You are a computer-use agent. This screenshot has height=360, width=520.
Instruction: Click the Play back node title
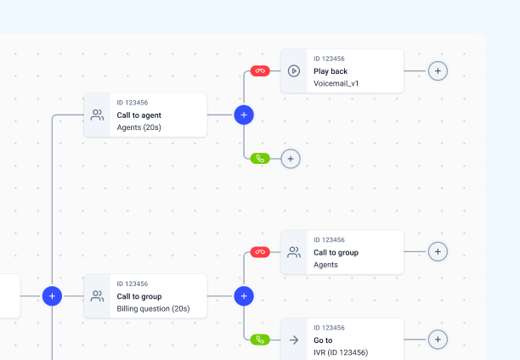[331, 71]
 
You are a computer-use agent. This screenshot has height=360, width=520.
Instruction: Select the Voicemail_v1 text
[336, 83]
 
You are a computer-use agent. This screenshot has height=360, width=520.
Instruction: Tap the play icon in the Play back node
[294, 71]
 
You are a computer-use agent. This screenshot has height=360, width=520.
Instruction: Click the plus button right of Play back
[438, 71]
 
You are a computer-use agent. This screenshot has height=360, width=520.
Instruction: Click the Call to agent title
[139, 115]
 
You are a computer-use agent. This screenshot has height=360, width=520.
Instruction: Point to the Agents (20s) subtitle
[139, 127]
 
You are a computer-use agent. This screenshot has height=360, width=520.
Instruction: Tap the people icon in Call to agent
[97, 115]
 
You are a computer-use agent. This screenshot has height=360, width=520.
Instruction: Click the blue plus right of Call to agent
[244, 115]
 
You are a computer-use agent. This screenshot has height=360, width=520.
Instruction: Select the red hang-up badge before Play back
[260, 71]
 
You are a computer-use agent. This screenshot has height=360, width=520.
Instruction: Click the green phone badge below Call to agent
[260, 159]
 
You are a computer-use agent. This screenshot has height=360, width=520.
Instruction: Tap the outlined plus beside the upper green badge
[291, 159]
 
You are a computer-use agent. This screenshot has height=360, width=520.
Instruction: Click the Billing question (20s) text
[153, 308]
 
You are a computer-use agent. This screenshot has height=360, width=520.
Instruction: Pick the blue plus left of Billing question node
[52, 296]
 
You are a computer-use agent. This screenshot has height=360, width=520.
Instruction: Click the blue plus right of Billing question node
[244, 296]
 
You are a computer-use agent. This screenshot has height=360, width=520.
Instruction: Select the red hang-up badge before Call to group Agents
[260, 252]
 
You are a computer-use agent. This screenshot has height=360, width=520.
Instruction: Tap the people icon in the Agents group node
[294, 252]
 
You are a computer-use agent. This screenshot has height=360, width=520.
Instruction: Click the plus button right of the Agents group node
[438, 252]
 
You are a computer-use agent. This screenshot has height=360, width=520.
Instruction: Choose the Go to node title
[323, 340]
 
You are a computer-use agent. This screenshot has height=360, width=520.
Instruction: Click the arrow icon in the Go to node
[294, 340]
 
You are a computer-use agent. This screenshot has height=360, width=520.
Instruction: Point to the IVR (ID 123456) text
[341, 352]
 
